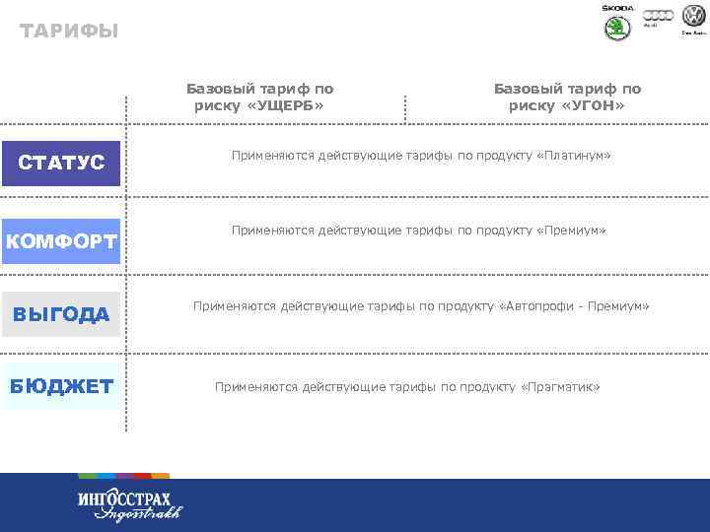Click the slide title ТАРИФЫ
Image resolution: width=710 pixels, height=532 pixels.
click(x=68, y=32)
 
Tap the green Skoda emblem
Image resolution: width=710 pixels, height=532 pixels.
click(x=617, y=28)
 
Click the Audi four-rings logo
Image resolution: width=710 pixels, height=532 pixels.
click(x=658, y=15)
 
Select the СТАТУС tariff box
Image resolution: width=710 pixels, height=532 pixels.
click(x=61, y=163)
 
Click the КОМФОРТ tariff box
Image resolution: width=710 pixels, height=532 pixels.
click(x=61, y=241)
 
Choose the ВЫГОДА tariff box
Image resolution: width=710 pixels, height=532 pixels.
click(x=61, y=314)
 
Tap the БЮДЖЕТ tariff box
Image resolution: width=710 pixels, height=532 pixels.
click(x=61, y=385)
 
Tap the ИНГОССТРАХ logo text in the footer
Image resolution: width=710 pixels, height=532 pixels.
click(x=123, y=498)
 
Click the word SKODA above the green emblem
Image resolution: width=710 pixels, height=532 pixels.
click(x=617, y=8)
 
